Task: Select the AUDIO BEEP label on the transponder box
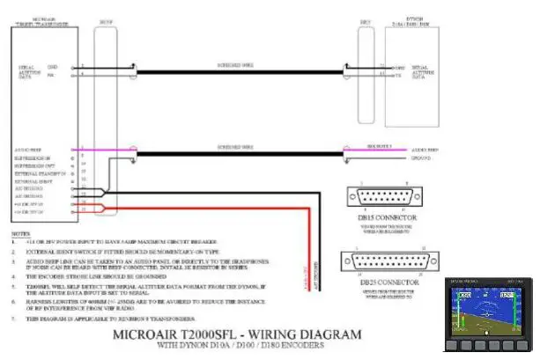click(x=31, y=150)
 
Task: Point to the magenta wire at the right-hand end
click(x=379, y=150)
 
